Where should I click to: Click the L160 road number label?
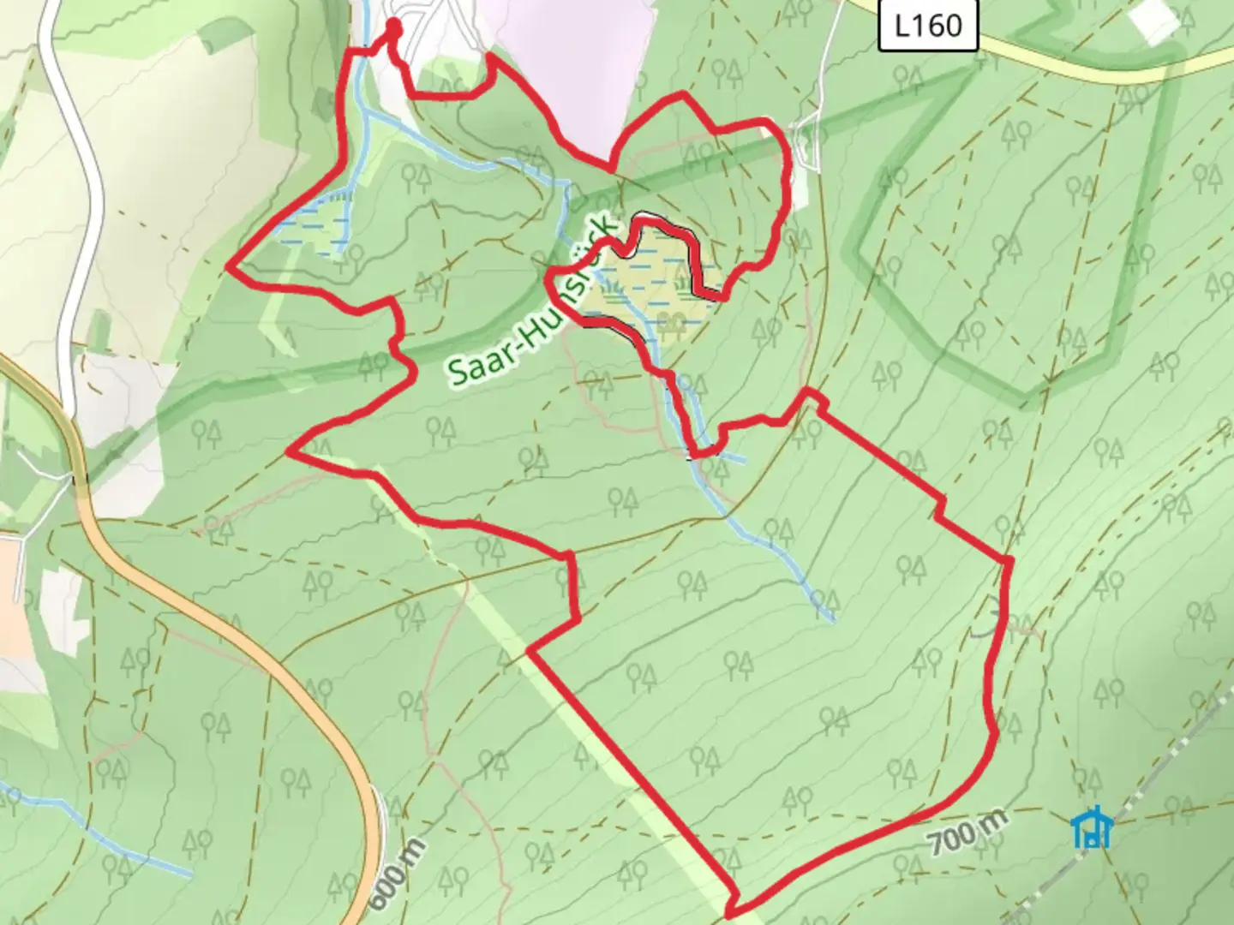928,25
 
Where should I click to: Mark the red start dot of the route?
393,28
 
